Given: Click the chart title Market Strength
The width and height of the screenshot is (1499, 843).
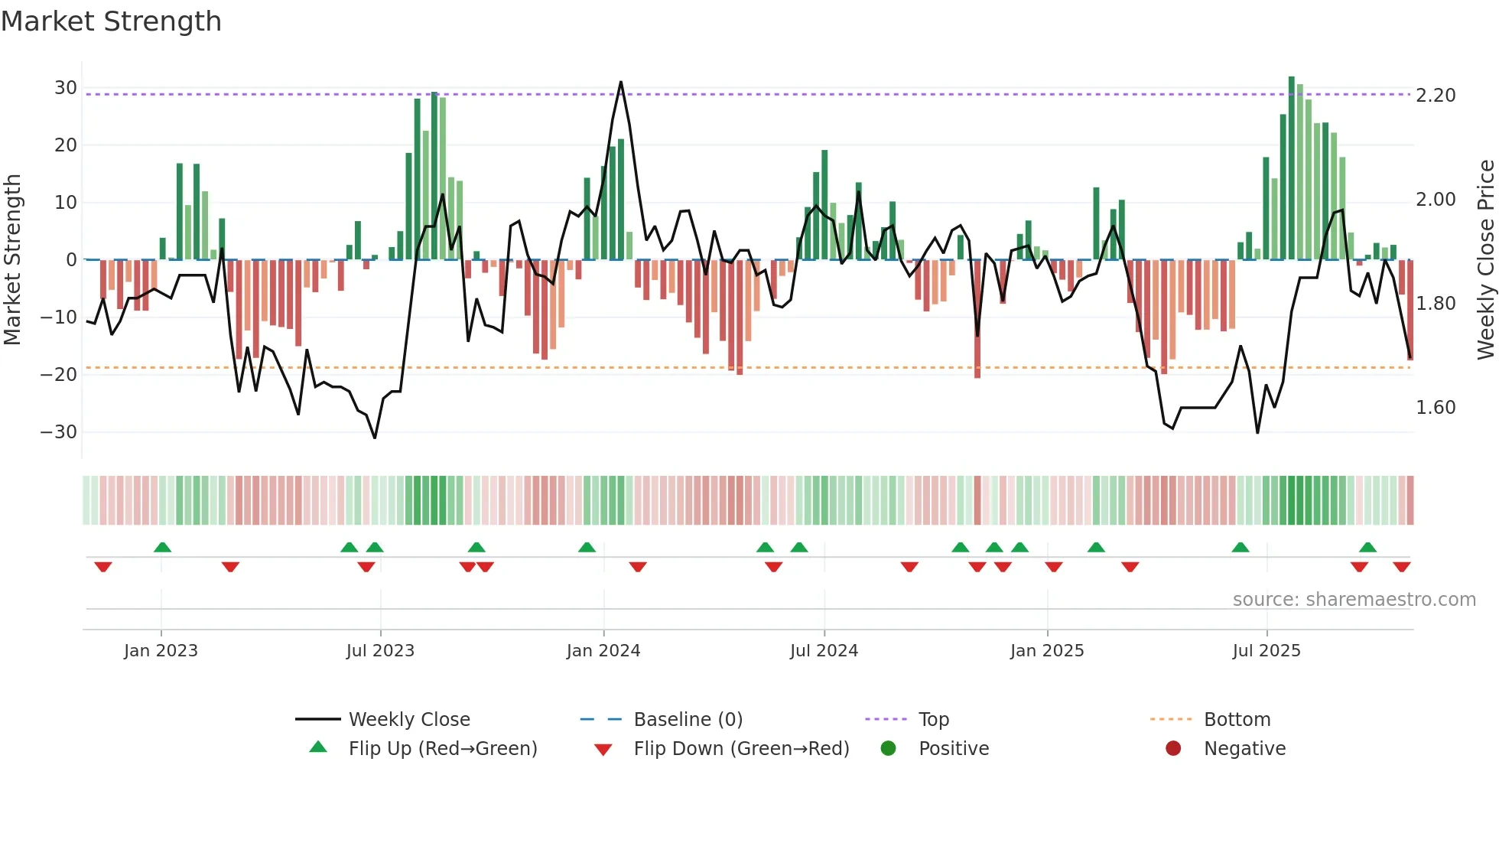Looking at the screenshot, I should click(111, 21).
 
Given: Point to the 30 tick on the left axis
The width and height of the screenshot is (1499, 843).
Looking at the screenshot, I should click(66, 88).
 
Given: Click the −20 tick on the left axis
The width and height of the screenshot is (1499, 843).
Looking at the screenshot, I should click(60, 375).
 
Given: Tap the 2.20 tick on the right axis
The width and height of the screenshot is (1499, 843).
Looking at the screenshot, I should click(1436, 96).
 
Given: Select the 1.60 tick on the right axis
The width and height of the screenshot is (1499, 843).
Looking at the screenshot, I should click(1436, 408).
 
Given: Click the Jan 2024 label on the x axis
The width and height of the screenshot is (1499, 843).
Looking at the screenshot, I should click(603, 651).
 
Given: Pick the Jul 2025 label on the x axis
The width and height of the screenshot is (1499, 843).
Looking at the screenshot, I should click(1266, 651).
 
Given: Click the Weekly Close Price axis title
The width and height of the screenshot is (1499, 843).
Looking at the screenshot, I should click(1485, 259).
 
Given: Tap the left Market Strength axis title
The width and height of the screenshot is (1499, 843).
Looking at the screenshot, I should click(12, 259).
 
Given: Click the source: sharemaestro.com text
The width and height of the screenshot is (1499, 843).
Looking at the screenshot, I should click(1354, 600).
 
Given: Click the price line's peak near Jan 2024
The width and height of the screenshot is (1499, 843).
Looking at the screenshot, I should click(620, 82).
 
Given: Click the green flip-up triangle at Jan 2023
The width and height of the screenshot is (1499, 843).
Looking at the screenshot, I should click(162, 547).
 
